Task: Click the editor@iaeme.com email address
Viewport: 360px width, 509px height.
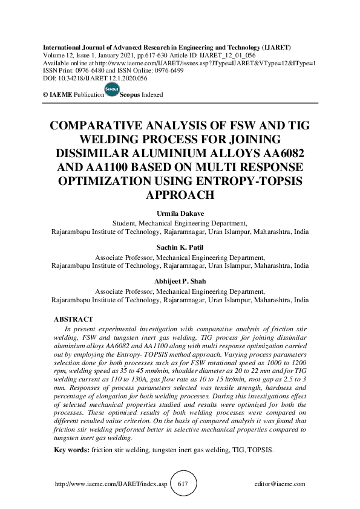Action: click(280, 484)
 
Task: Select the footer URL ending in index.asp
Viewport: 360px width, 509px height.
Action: click(110, 484)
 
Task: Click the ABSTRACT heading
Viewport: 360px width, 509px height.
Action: click(73, 319)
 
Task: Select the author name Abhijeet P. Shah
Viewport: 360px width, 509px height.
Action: click(180, 282)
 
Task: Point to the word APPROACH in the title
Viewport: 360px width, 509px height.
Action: click(180, 195)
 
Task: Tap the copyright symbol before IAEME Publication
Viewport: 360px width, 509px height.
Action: click(45, 95)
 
